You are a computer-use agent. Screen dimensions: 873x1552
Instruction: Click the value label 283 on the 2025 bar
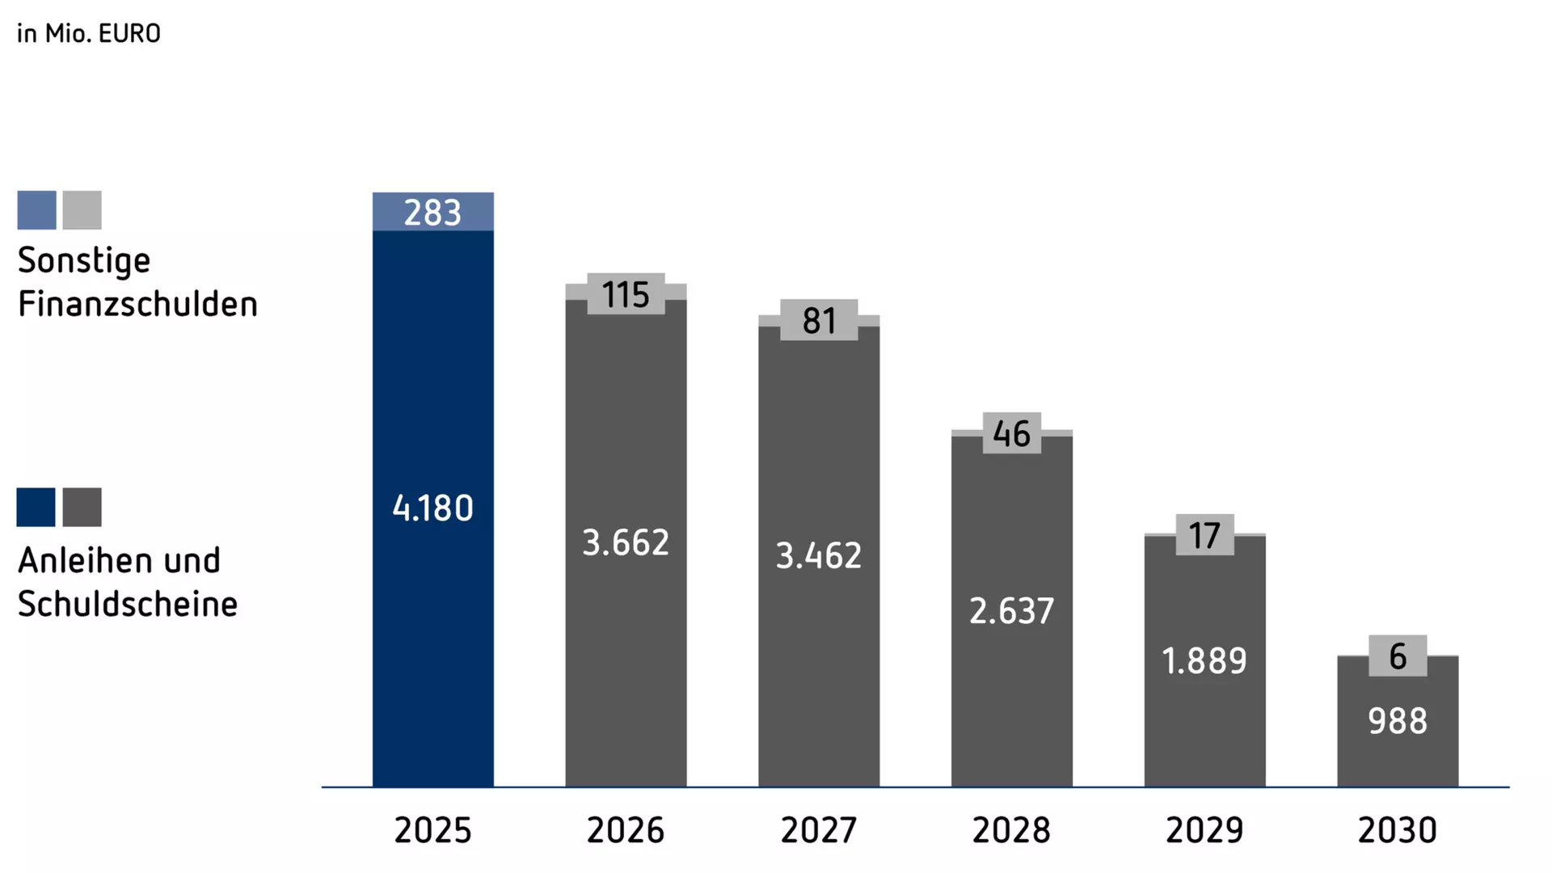(432, 213)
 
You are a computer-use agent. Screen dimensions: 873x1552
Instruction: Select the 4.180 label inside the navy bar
(432, 508)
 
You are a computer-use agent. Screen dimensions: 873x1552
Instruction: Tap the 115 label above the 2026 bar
(626, 294)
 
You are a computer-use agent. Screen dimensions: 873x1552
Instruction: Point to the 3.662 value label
(626, 542)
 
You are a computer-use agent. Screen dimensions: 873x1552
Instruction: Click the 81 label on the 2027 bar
(819, 321)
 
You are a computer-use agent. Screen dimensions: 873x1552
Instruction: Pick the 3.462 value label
(819, 556)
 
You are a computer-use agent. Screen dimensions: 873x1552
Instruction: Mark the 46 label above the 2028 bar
(1011, 434)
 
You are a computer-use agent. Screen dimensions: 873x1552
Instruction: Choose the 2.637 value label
(1011, 611)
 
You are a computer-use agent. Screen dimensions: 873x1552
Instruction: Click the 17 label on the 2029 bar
(1204, 536)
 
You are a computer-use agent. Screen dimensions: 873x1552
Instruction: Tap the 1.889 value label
(1204, 661)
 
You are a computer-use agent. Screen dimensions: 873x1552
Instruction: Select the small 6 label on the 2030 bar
(1398, 656)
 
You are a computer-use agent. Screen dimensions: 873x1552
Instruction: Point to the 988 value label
(1398, 721)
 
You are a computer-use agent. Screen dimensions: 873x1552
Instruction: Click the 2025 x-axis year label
(432, 830)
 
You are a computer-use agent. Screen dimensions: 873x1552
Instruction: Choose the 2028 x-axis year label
(1011, 830)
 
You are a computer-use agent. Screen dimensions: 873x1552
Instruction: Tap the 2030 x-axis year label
(1398, 830)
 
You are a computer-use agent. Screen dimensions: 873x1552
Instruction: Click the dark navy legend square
(36, 508)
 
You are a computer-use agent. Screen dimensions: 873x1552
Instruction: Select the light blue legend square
(36, 210)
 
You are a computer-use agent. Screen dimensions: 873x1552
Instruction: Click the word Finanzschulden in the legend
(137, 305)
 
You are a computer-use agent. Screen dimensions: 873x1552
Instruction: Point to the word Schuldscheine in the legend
(128, 605)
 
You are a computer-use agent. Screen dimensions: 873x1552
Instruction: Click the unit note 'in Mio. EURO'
(89, 33)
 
